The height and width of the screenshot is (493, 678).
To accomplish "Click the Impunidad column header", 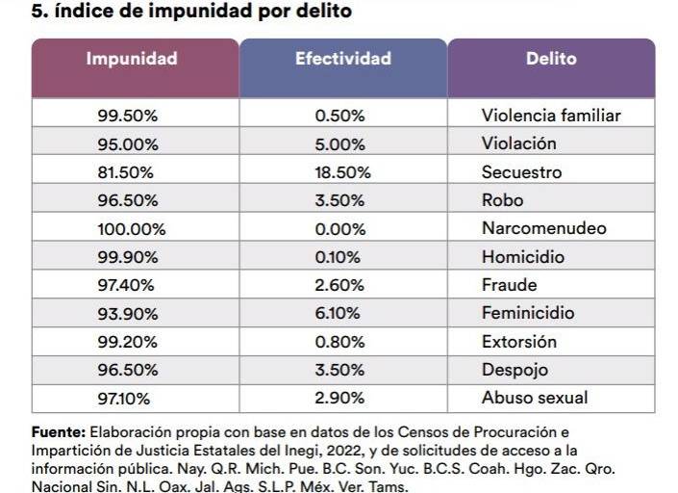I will (132, 59).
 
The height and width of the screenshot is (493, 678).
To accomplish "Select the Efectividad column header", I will (343, 59).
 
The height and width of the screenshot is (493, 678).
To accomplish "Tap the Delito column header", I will (551, 59).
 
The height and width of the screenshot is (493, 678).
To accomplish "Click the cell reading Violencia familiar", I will (551, 116).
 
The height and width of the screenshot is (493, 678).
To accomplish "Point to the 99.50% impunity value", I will (128, 116).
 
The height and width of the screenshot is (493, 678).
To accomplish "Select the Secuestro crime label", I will (521, 172).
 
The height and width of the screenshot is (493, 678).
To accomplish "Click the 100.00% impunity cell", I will (132, 229).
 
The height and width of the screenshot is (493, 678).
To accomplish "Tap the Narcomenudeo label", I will (543, 229).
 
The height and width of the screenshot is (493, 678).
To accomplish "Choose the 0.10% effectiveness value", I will (338, 257).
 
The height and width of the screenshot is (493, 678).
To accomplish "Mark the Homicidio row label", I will (523, 257).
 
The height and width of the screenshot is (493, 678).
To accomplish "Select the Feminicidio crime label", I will (528, 313).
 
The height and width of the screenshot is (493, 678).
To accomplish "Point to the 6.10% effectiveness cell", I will (338, 313).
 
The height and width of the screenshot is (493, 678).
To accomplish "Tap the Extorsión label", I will (519, 342).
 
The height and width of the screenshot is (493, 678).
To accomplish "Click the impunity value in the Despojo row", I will (128, 370).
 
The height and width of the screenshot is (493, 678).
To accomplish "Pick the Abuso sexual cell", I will (535, 398).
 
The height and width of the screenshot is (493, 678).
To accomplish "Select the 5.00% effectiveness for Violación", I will (339, 143).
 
